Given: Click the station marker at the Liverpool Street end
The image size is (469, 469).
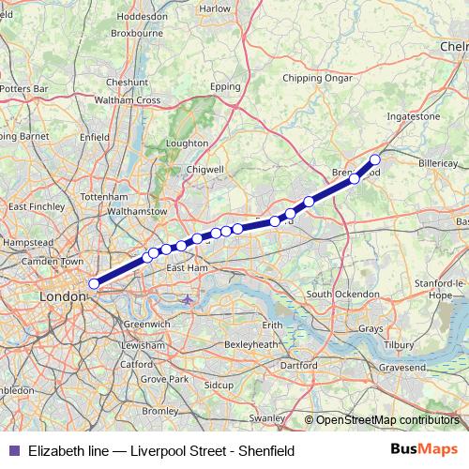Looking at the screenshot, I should pos(94,283).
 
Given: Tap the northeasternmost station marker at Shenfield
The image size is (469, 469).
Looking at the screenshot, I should pos(375,159).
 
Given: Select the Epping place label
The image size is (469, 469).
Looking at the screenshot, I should pos(226,86).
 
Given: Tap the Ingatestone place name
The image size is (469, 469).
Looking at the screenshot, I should pos(414,116).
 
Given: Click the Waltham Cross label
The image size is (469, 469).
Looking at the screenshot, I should pos(134,99).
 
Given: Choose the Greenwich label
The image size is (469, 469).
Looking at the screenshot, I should pos(147,324).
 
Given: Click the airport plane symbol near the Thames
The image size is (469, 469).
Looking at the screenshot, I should pos(188,300).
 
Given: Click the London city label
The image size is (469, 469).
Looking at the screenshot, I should pos(63,296).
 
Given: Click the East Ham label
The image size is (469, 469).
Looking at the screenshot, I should pos(187,268).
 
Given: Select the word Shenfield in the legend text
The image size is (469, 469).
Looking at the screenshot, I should pos(266,451).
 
